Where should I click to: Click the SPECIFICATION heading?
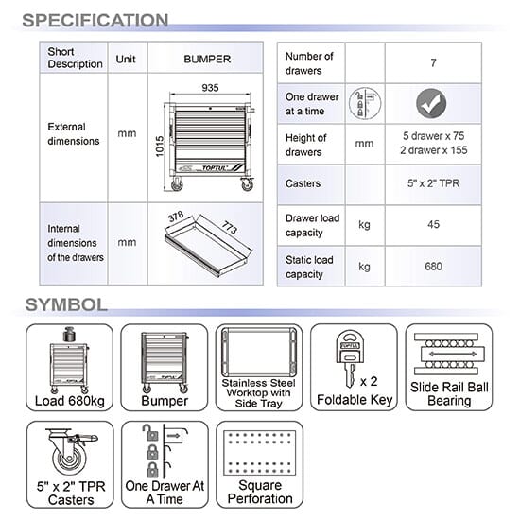(x=95, y=20)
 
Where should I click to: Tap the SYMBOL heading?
(x=66, y=304)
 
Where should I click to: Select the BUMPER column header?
(x=207, y=59)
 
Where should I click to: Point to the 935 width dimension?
(x=210, y=88)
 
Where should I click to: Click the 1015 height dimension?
(x=160, y=147)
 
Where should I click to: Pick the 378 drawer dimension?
(x=176, y=217)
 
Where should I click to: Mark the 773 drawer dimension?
(x=230, y=228)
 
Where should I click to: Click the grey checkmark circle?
(x=431, y=103)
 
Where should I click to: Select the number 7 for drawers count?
(x=433, y=63)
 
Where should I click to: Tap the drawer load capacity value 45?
(x=433, y=224)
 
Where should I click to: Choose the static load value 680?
(x=433, y=267)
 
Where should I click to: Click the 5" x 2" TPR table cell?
(x=433, y=183)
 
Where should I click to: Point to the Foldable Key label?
(x=355, y=400)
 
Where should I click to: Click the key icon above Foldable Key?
(x=350, y=358)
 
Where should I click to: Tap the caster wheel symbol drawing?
(x=71, y=452)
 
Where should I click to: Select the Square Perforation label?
(x=260, y=492)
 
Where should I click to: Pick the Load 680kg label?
(x=70, y=401)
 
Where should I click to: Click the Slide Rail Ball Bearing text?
(x=449, y=393)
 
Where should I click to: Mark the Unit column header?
(x=126, y=59)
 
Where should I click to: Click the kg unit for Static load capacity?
(x=364, y=267)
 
